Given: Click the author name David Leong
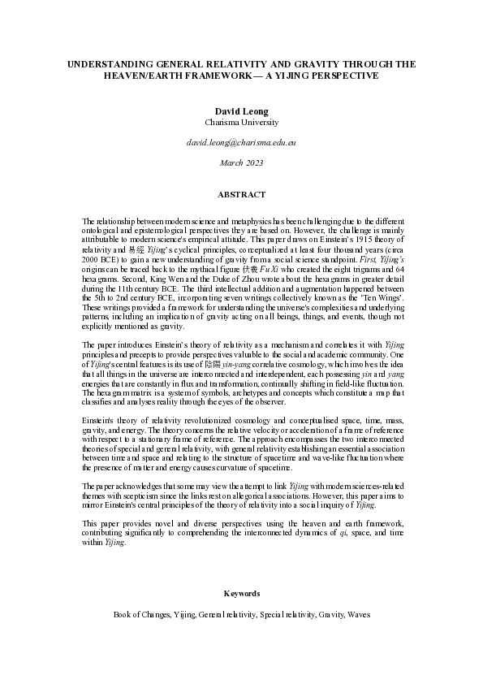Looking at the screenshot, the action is (241, 110).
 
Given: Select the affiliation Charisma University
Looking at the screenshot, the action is (241, 122).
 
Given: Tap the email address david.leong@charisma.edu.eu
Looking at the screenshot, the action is (241, 142).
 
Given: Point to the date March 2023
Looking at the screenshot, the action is (241, 162).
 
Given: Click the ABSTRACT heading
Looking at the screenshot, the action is (241, 195).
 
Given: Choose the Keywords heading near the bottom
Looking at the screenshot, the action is (241, 594).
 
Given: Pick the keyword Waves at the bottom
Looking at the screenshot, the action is (358, 615).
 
